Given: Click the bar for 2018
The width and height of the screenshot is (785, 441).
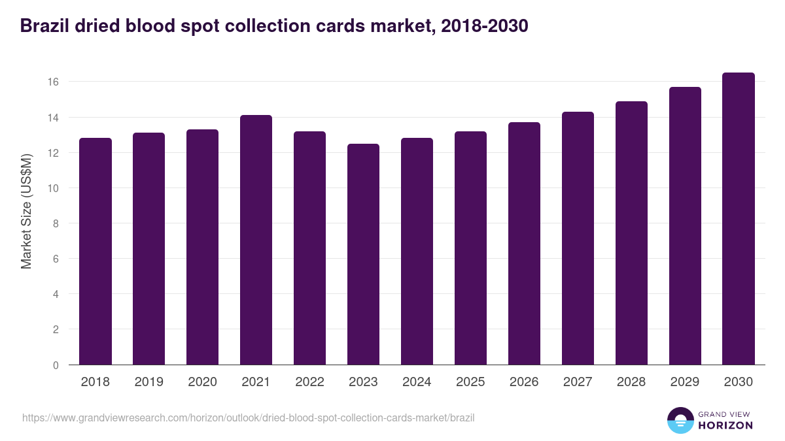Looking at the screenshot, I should point(96,252).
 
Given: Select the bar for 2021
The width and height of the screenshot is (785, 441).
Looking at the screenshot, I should point(256,240).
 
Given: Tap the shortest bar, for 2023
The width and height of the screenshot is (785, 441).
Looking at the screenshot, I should point(363,254).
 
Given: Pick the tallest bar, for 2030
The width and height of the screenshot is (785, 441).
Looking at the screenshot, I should point(739,219).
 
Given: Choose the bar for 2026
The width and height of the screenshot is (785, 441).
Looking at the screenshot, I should point(524,244).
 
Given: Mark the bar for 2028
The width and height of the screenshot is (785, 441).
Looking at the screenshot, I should point(631,233).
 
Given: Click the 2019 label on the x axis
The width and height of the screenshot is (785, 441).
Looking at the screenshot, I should point(149,382).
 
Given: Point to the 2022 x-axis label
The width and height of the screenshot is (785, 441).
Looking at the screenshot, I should point(309,382).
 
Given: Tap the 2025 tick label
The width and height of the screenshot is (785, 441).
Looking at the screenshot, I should point(470,382).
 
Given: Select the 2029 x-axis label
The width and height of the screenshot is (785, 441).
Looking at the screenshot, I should point(685,382).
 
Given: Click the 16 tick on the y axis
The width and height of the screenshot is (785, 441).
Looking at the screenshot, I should point(53,82).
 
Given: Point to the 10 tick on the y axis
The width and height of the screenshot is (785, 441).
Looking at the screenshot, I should point(53,188).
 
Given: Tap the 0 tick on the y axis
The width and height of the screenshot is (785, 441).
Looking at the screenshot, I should point(56,365).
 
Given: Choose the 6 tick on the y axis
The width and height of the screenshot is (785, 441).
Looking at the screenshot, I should point(56,259).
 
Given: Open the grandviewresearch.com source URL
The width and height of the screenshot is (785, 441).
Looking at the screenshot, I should point(248,417).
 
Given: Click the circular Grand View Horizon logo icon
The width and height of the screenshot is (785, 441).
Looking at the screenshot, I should point(680,421).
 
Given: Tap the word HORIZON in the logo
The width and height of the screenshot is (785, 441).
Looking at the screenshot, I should point(725,425).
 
